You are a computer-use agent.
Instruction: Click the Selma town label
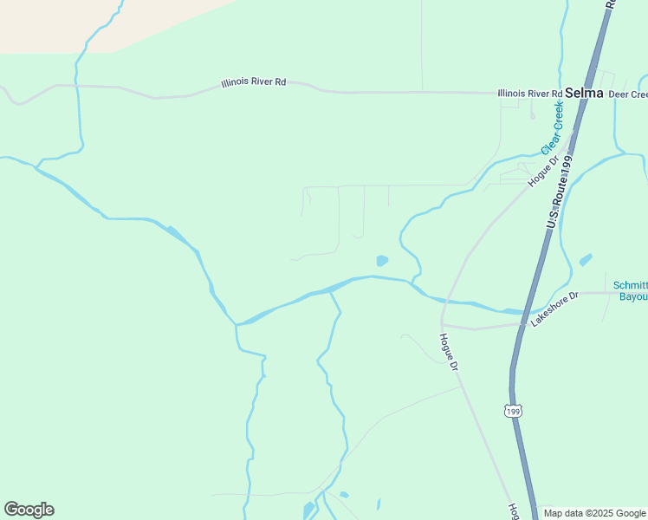pyautogui.click(x=585, y=93)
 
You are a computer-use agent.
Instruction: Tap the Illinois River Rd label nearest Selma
pyautogui.click(x=529, y=93)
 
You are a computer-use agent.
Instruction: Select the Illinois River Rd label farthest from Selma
pyautogui.click(x=254, y=82)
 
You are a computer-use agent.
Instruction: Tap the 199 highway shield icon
pyautogui.click(x=514, y=409)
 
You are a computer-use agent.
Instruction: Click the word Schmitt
pyautogui.click(x=630, y=285)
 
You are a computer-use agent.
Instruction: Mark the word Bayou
pyautogui.click(x=633, y=296)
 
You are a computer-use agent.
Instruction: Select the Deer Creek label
pyautogui.click(x=628, y=94)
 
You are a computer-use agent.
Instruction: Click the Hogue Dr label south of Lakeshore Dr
pyautogui.click(x=448, y=353)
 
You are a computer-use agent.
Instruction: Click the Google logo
pyautogui.click(x=29, y=510)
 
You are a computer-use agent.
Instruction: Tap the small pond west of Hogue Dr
pyautogui.click(x=381, y=260)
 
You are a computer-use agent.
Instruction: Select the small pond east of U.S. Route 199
pyautogui.click(x=586, y=259)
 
